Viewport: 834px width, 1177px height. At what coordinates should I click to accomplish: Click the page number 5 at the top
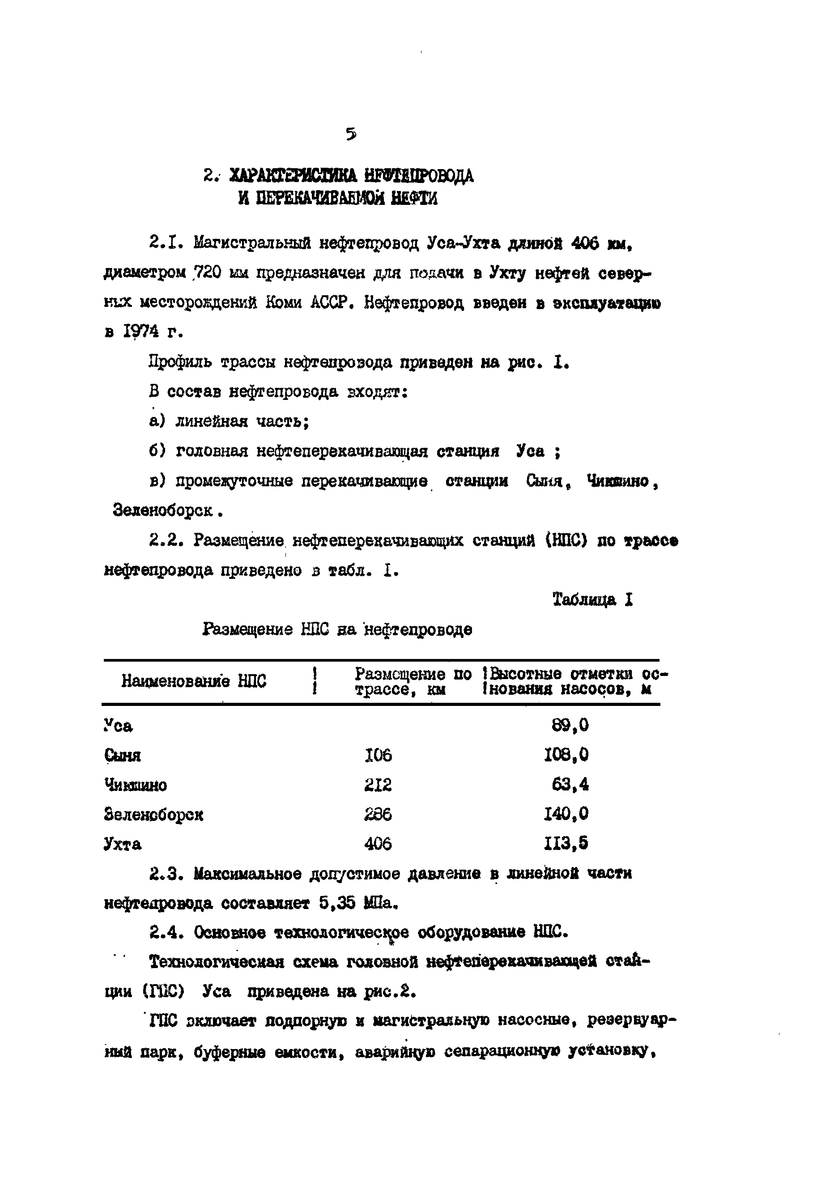(x=351, y=135)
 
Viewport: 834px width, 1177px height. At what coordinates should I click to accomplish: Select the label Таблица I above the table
(x=592, y=599)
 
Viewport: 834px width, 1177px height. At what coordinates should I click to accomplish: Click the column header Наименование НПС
(x=194, y=681)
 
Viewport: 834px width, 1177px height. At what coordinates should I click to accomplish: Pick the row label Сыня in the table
(x=122, y=756)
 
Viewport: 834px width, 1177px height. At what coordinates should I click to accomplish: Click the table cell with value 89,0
(x=570, y=725)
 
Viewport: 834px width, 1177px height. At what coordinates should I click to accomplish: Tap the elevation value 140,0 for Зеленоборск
(x=566, y=814)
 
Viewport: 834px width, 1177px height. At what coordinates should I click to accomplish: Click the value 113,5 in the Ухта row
(x=566, y=843)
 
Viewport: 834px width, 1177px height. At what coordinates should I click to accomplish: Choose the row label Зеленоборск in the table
(x=153, y=815)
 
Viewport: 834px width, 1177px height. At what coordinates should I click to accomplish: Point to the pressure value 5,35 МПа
(x=358, y=903)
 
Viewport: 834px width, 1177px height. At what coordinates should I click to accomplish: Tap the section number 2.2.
(x=164, y=540)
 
